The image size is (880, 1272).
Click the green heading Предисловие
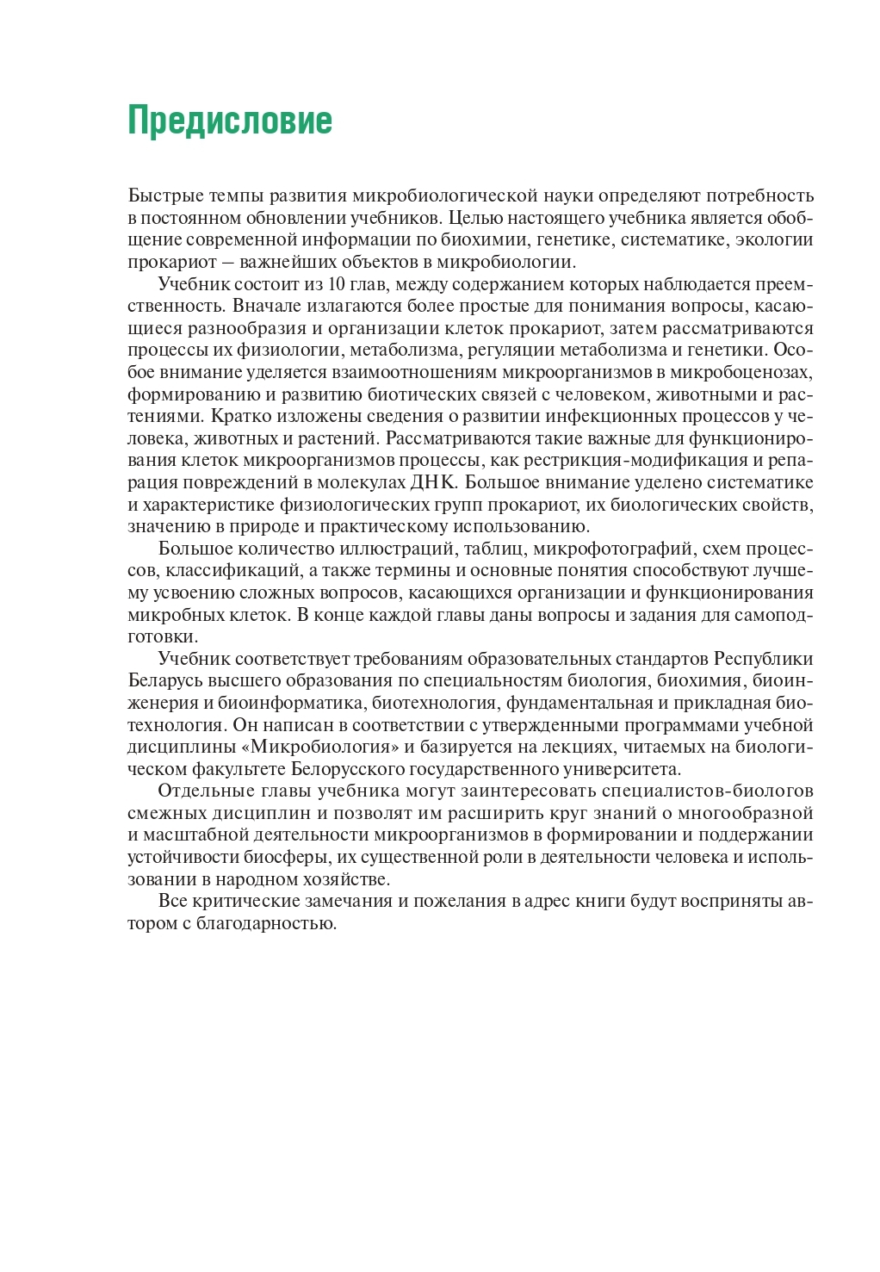click(x=230, y=121)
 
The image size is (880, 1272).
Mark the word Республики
click(x=764, y=659)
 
